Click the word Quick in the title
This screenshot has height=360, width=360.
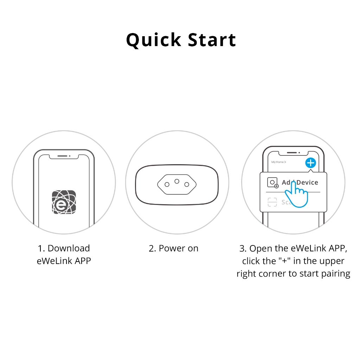point(154,40)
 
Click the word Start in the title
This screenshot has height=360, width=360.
point(212,40)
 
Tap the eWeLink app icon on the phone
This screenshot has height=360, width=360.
point(64,202)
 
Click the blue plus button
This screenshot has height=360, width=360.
point(311,163)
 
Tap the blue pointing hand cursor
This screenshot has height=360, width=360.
point(296,195)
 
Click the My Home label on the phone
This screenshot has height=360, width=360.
point(278,162)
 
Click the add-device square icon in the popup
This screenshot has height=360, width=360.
point(273,183)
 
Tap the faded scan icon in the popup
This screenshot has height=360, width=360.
point(272,202)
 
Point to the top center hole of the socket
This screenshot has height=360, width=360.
point(177,181)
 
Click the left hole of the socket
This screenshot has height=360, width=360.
point(167,184)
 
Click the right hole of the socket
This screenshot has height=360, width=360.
point(187,184)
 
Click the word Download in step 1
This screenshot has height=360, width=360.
point(69,248)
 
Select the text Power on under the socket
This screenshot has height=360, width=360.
point(178,249)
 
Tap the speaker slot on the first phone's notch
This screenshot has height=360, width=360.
point(62,156)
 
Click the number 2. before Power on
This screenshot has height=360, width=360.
point(153,249)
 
